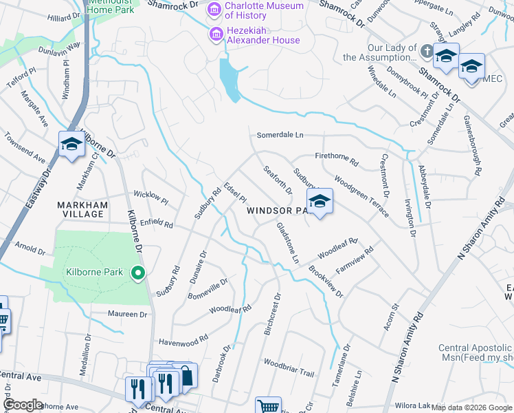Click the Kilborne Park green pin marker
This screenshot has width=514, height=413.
point(138,274)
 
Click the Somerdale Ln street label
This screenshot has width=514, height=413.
point(280,136)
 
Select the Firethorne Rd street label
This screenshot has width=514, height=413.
point(337,159)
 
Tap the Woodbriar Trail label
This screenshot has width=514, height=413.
point(289,368)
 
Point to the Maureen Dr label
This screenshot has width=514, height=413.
point(127,315)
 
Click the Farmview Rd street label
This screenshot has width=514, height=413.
point(355,257)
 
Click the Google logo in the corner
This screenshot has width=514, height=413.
point(23,405)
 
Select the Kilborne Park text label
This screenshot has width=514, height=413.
point(94,273)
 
